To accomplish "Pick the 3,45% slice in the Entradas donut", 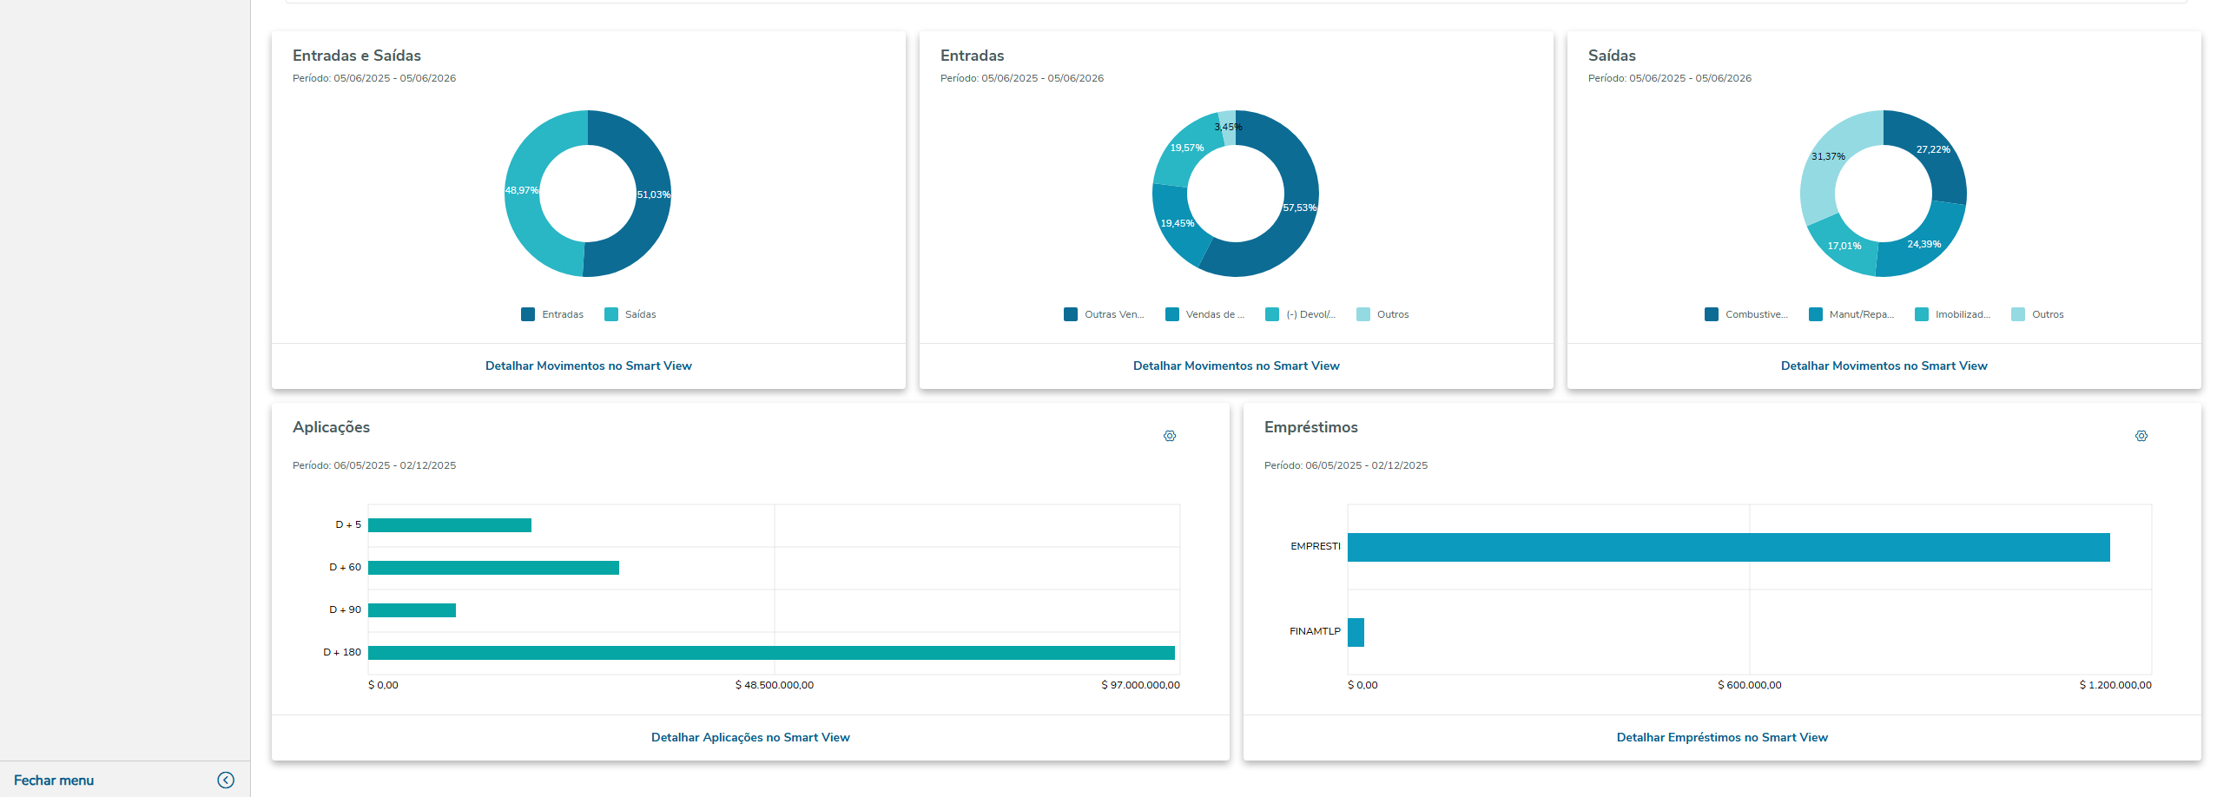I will (x=1227, y=127).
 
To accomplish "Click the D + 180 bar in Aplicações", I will (x=771, y=653).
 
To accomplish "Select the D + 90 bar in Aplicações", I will (x=412, y=610).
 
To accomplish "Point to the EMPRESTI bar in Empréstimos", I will (x=1728, y=547).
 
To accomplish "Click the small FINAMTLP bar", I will (x=1356, y=632).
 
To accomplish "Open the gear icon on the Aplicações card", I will (x=1170, y=436).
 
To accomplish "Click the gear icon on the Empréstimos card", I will (x=2141, y=436).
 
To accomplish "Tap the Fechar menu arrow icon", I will (x=226, y=780).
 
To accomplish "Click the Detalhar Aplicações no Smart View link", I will (x=750, y=737).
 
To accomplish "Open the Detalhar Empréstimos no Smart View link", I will (x=1722, y=737).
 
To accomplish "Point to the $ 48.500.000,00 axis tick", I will (x=774, y=685).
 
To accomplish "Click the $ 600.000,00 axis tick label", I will (x=1749, y=685).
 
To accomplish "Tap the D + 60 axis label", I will (x=345, y=567).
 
